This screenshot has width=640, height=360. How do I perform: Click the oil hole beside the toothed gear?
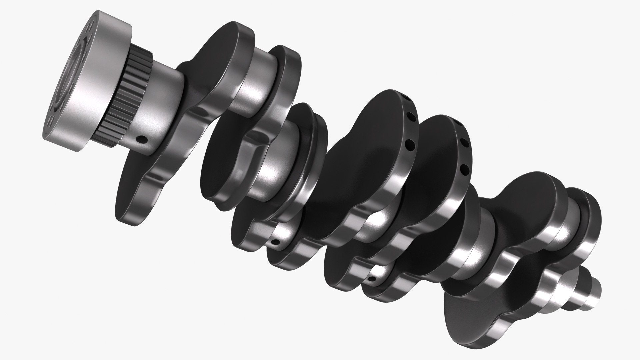point(143,138)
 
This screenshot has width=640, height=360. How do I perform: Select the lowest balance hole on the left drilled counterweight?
point(409,144)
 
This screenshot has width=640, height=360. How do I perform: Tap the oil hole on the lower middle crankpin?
point(275,242)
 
